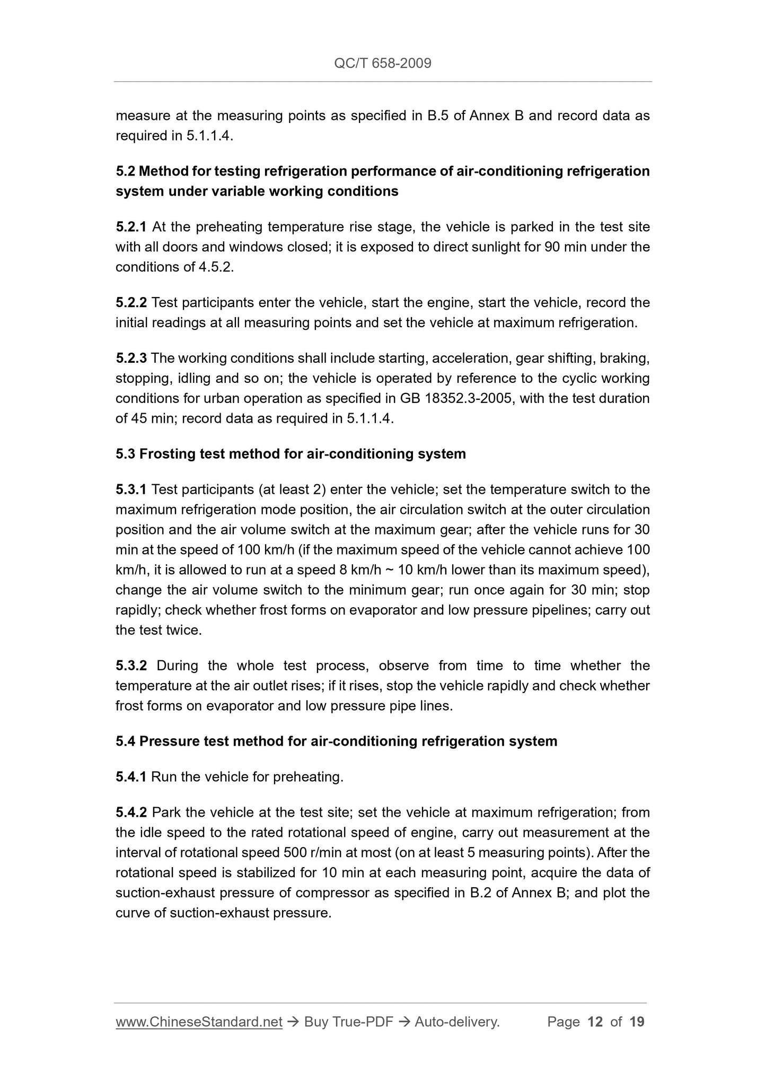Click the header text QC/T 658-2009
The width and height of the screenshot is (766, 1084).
383,64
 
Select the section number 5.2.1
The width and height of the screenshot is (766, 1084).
131,227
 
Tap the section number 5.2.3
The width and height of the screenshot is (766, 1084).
131,358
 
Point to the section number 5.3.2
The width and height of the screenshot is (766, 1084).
131,666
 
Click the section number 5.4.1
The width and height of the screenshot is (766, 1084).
131,777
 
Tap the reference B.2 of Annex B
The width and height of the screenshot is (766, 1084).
518,893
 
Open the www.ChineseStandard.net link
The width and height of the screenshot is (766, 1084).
199,1022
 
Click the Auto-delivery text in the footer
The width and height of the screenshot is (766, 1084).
457,1022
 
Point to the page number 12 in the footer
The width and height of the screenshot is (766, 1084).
595,1022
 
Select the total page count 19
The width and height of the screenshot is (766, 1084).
637,1022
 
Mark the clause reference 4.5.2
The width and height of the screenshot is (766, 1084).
216,267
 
